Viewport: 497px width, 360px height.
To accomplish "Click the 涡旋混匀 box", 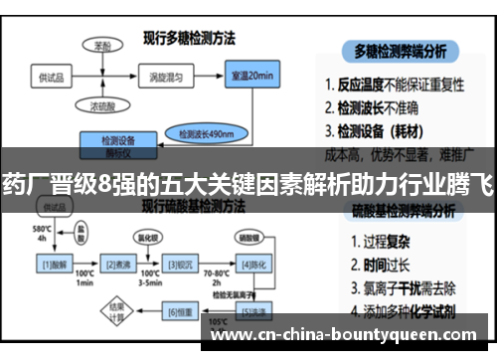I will tap(182, 78).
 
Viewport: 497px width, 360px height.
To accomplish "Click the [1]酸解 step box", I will tap(52, 264).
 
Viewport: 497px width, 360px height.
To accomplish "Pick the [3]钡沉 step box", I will tap(180, 264).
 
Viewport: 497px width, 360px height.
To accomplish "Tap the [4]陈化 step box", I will tap(251, 264).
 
